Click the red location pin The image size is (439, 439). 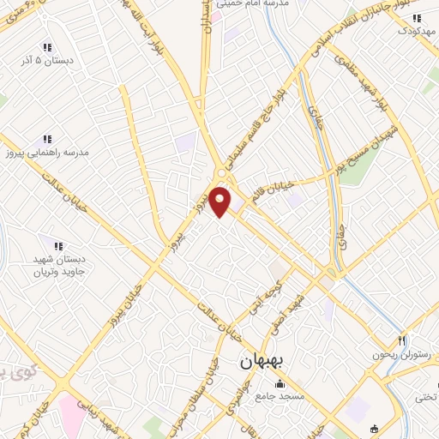click(x=221, y=201)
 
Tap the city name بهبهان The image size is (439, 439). click(x=262, y=363)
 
